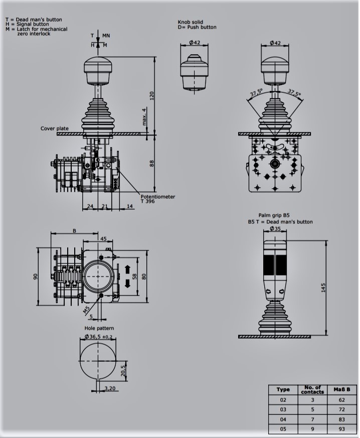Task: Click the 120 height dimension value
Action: click(152, 96)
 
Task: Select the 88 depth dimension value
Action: click(152, 164)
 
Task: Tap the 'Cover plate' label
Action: click(55, 128)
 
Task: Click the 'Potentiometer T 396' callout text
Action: click(157, 199)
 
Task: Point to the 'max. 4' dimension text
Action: click(144, 116)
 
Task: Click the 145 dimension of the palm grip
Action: click(323, 287)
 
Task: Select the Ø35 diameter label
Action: click(275, 229)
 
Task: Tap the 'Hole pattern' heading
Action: click(99, 328)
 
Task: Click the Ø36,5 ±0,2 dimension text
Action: click(98, 337)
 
